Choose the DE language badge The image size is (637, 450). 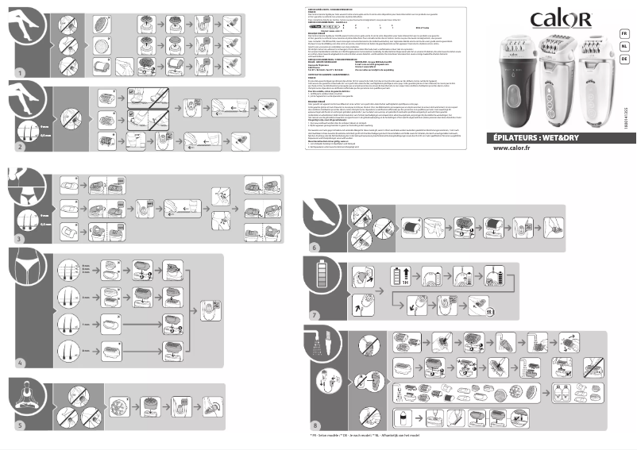pyautogui.click(x=623, y=59)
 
